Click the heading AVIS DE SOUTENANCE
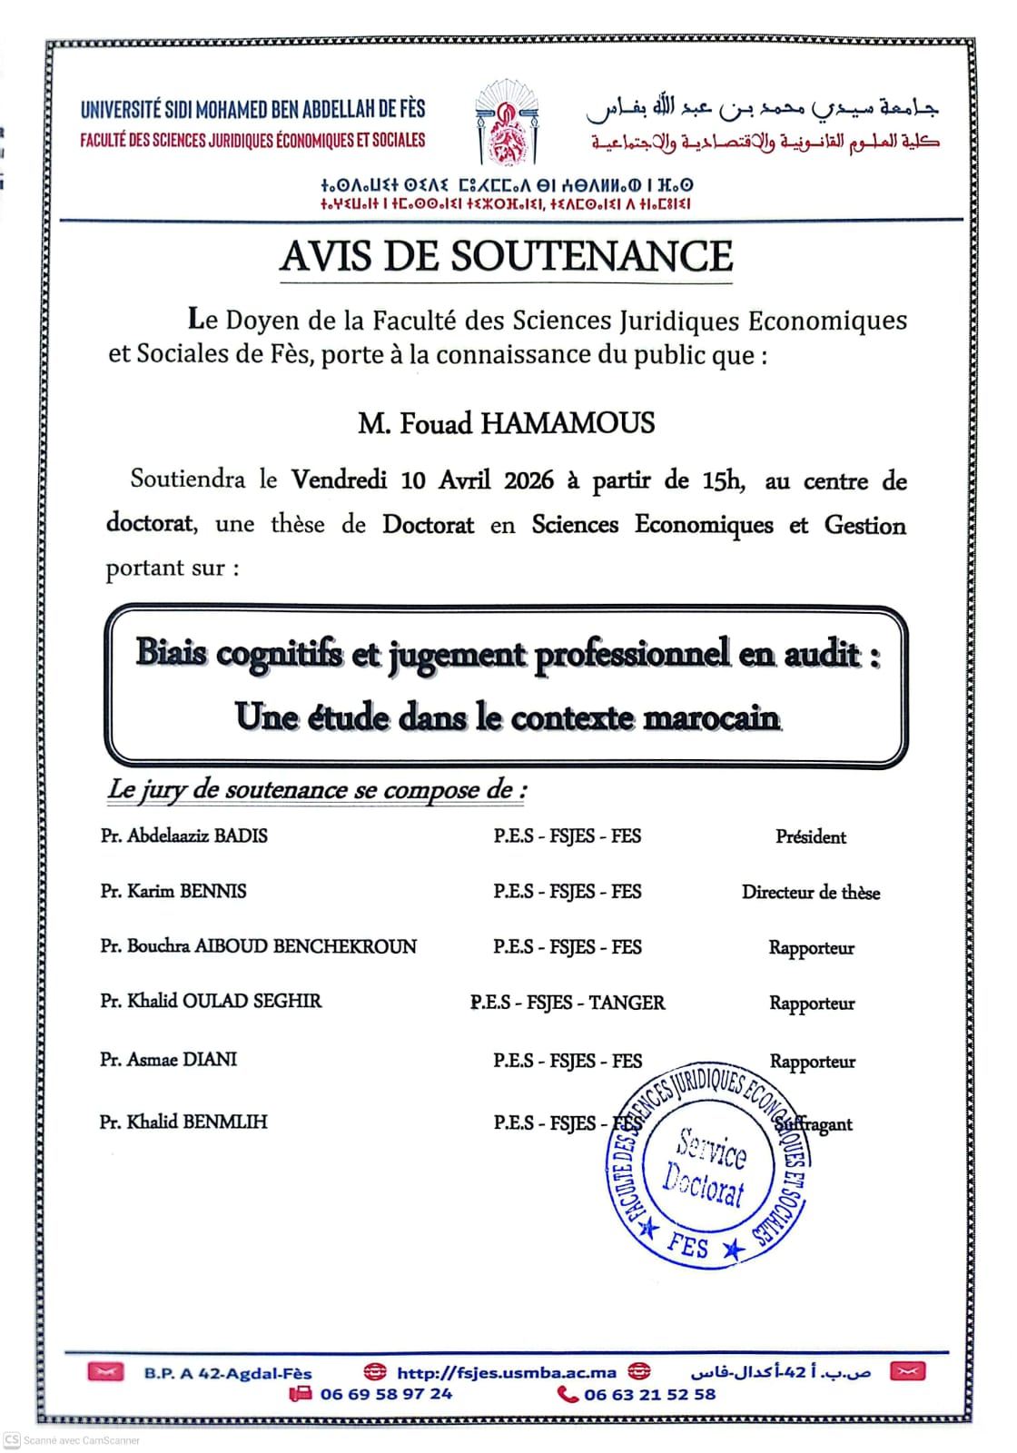click(506, 257)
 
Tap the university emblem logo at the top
click(507, 124)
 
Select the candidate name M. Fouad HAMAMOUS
click(506, 423)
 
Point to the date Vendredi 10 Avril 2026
click(421, 479)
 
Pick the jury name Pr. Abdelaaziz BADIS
click(184, 835)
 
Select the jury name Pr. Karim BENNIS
click(173, 891)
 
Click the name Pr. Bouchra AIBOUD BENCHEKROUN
click(259, 946)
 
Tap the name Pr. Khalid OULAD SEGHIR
click(211, 1001)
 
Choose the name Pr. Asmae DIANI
click(169, 1059)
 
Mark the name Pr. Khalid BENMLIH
click(183, 1122)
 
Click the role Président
click(811, 836)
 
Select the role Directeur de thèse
click(811, 893)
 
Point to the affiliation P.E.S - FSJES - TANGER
click(568, 1003)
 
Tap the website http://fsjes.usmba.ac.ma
click(507, 1372)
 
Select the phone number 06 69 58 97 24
click(386, 1394)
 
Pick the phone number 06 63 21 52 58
click(649, 1394)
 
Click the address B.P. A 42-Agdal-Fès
click(227, 1373)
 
